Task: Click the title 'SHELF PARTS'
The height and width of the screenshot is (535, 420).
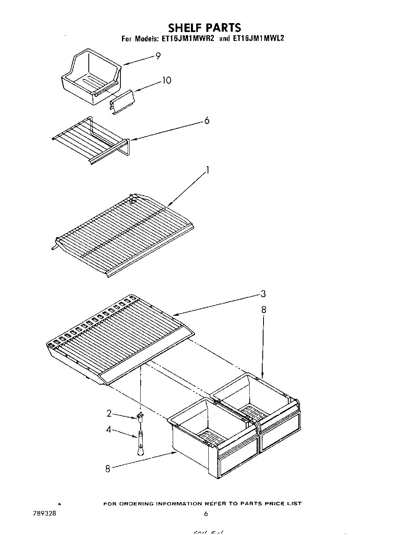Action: (204, 28)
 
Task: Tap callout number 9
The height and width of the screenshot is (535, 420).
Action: (158, 56)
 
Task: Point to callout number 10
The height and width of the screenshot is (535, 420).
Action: (167, 80)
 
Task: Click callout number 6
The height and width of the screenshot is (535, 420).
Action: (207, 121)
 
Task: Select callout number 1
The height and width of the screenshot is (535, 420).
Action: (207, 170)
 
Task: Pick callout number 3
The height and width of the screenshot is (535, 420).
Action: (263, 294)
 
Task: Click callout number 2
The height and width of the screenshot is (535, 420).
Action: (109, 413)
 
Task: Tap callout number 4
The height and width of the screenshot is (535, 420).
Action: (109, 429)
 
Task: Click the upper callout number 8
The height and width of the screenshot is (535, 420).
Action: (264, 310)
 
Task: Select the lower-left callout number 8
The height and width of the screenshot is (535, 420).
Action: (108, 469)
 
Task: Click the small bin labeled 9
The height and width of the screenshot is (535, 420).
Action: (91, 75)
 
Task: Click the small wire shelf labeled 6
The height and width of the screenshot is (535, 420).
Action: (91, 140)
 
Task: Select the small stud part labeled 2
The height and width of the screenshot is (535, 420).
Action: (140, 416)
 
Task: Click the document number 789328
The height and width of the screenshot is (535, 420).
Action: (44, 513)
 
